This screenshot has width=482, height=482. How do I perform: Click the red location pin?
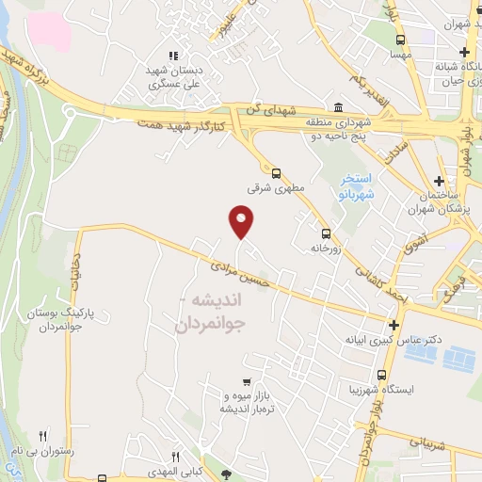click(x=242, y=221)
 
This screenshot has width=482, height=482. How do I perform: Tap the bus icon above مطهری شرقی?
click(x=276, y=172)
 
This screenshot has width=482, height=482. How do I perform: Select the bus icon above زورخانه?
click(x=326, y=233)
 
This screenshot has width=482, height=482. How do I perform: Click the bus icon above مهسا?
click(x=401, y=40)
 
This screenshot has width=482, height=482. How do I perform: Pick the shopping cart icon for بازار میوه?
click(x=246, y=381)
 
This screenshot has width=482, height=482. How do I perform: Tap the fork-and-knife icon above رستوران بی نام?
click(x=42, y=435)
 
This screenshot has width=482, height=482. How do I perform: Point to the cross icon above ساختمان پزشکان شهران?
click(x=440, y=181)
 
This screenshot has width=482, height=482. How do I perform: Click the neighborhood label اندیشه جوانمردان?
click(x=209, y=312)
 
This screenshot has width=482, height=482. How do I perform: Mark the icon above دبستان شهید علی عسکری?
click(x=172, y=56)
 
